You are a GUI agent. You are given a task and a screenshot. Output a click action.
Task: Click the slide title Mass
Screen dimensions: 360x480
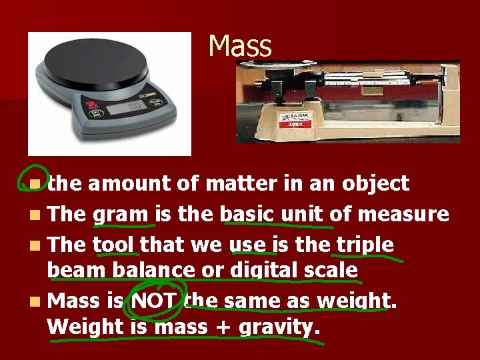click(240, 46)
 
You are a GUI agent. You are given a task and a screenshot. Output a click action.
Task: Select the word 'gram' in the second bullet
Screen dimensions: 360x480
click(121, 213)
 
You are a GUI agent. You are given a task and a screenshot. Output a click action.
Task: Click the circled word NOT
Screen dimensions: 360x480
click(153, 301)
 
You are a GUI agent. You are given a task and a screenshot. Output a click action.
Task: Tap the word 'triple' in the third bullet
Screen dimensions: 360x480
click(365, 244)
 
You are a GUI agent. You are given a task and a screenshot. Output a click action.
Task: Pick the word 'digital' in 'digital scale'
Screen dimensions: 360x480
click(264, 270)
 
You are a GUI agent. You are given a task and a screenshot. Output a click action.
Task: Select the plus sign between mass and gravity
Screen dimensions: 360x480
click(217, 327)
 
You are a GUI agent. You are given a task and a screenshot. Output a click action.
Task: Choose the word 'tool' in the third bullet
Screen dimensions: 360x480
click(115, 244)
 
